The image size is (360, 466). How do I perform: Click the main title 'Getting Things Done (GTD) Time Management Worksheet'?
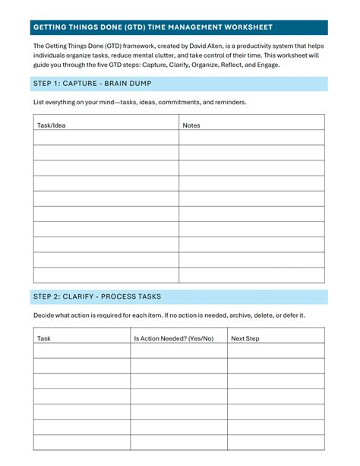(x=153, y=27)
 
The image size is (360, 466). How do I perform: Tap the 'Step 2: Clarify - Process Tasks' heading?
(x=97, y=296)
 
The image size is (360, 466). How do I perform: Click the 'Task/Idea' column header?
(x=52, y=125)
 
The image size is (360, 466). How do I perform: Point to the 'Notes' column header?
(x=191, y=125)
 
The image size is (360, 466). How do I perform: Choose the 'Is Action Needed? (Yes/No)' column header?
(x=174, y=338)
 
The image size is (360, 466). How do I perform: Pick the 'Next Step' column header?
(x=245, y=338)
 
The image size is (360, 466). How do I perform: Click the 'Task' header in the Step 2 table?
(x=44, y=338)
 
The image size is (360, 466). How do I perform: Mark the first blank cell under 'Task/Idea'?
(x=106, y=138)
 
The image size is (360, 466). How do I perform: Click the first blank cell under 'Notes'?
(x=251, y=138)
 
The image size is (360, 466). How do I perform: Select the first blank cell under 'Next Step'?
(x=276, y=350)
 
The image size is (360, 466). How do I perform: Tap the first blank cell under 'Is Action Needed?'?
(x=178, y=350)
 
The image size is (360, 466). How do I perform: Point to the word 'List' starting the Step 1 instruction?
(x=39, y=102)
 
